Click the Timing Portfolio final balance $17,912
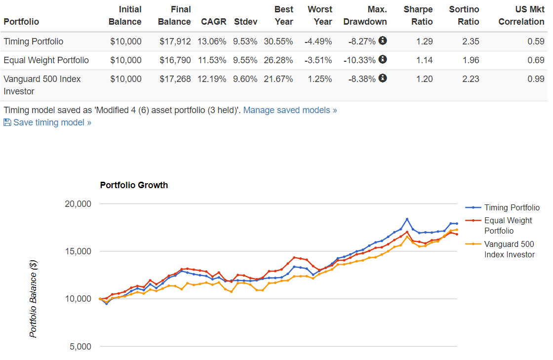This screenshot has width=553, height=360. tap(175, 41)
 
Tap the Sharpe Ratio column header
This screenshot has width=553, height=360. tap(418, 15)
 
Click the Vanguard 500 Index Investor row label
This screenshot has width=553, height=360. tap(42, 84)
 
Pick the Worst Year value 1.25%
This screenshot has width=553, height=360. tap(320, 79)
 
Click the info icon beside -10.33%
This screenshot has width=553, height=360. tap(383, 59)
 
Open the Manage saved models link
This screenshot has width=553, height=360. tap(290, 110)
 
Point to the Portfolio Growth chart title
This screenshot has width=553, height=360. tap(134, 185)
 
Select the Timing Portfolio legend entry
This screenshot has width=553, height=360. tap(512, 207)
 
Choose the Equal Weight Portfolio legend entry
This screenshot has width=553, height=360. tap(508, 226)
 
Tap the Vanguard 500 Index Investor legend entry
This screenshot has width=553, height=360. tap(509, 249)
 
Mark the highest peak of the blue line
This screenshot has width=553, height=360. tap(407, 219)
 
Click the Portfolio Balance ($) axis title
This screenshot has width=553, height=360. tap(33, 299)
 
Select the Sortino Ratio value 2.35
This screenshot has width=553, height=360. tap(470, 41)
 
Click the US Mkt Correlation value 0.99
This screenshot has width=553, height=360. tap(536, 79)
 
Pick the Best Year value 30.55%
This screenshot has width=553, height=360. tap(278, 41)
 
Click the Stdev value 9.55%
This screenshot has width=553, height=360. tap(245, 60)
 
